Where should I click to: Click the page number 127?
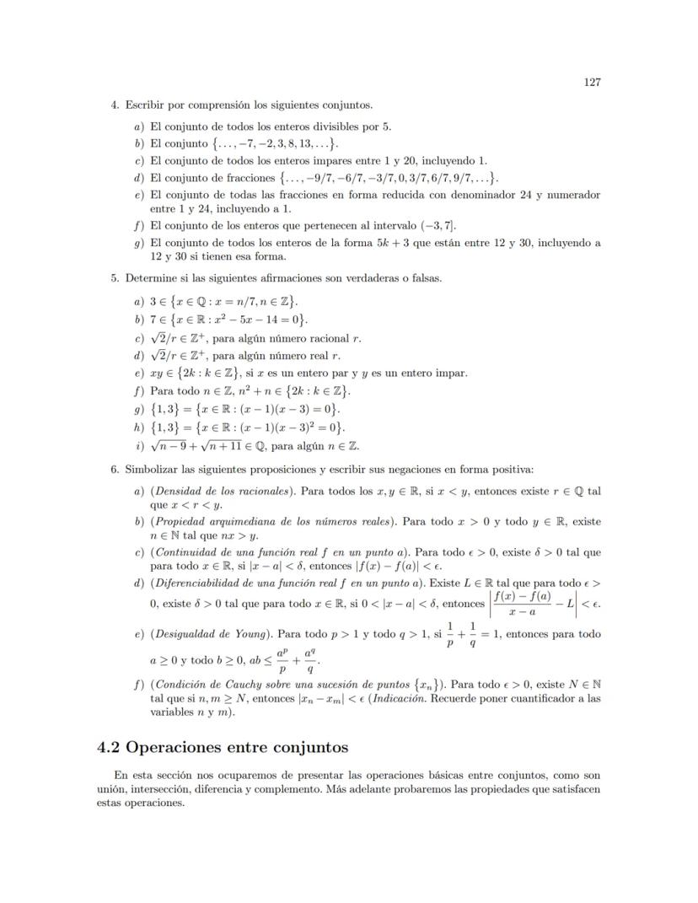(591, 83)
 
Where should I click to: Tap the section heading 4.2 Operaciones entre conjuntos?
(223, 747)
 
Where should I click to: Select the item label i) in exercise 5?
(138, 447)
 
